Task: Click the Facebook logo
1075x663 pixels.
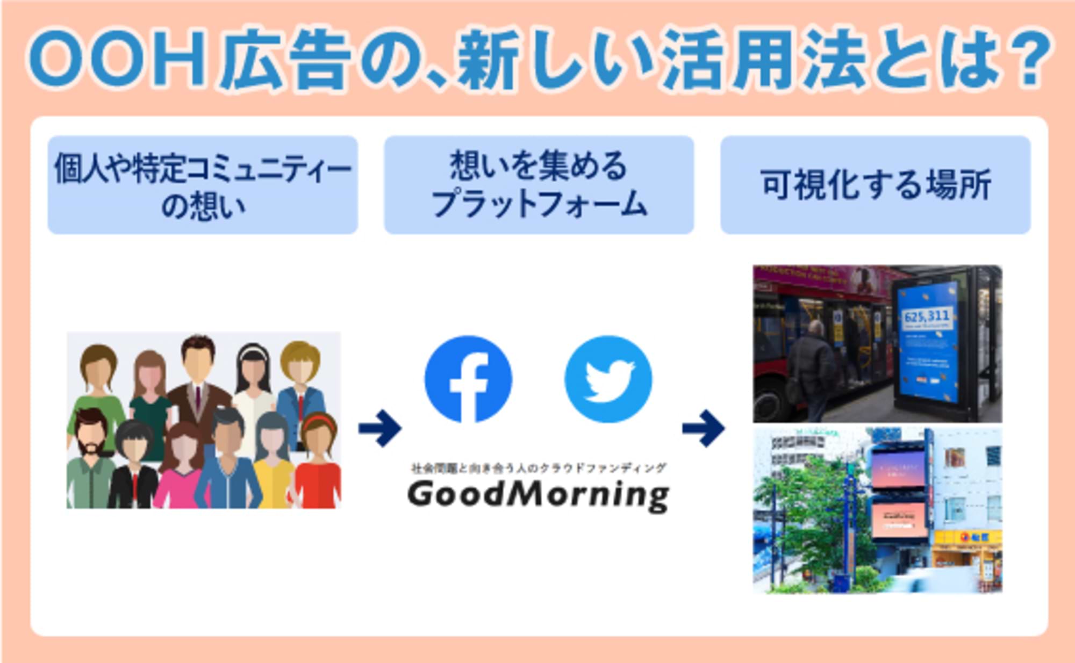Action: click(x=468, y=379)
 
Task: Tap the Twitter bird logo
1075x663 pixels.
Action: click(x=608, y=379)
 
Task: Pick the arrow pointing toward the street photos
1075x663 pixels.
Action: click(x=704, y=428)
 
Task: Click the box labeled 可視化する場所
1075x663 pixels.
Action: click(x=875, y=185)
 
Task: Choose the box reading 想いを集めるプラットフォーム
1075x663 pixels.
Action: click(x=539, y=185)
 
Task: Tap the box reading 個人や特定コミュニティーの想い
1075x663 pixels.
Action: click(x=203, y=185)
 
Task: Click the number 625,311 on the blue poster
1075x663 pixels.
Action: click(x=927, y=316)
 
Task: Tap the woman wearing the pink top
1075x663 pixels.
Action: click(x=181, y=467)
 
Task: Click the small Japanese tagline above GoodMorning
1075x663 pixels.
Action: click(x=538, y=468)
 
